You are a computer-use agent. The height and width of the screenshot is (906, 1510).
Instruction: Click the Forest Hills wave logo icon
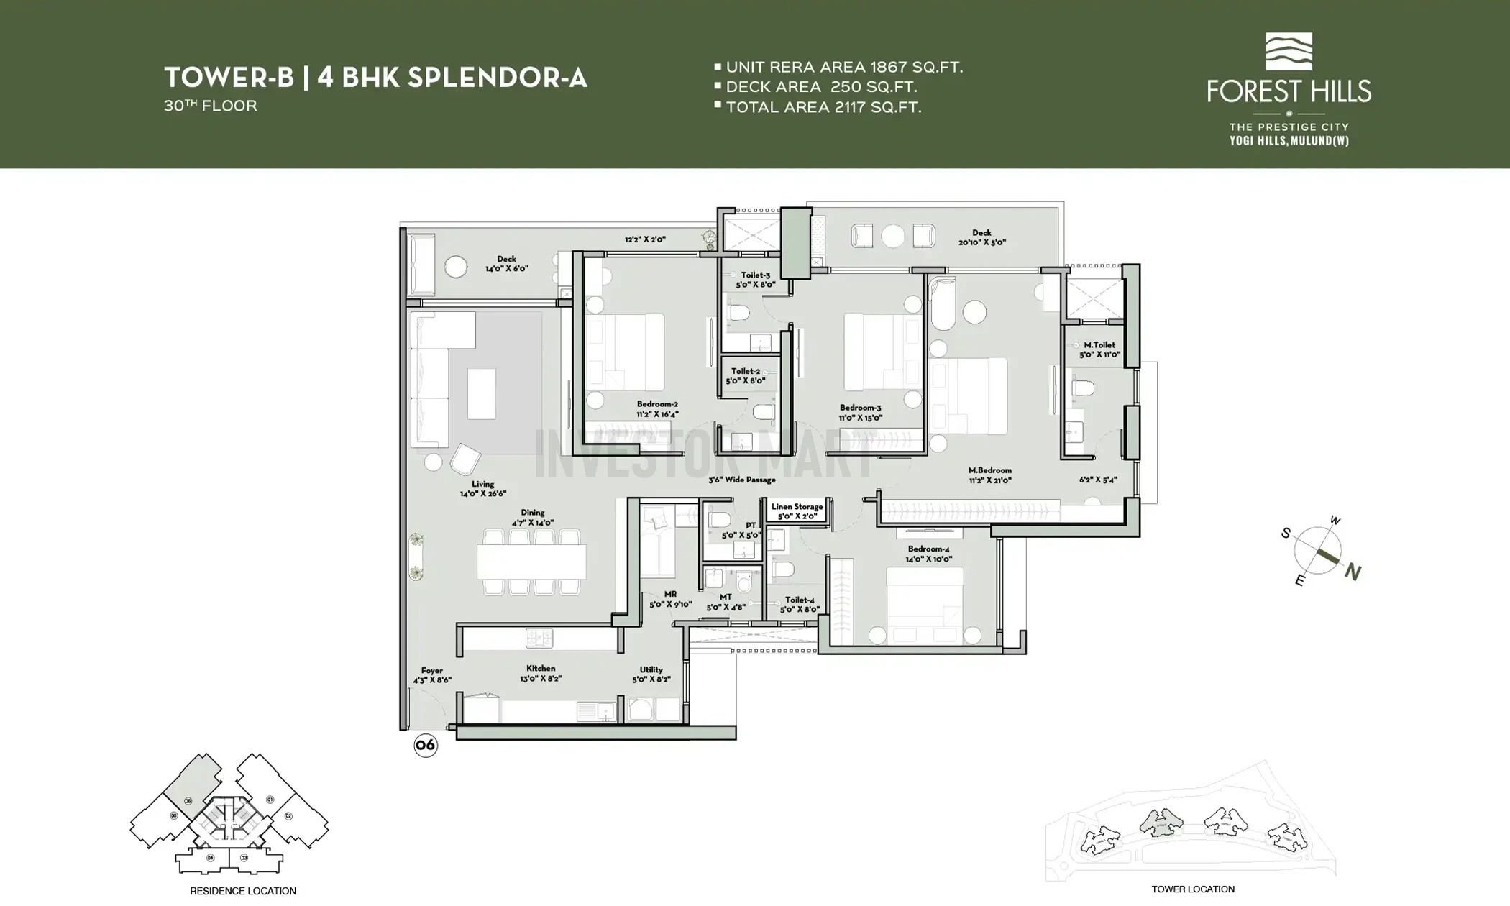coord(1289,51)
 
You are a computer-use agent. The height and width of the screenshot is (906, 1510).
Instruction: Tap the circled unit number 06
coord(426,745)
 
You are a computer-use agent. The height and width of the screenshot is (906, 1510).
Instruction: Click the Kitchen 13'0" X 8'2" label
coord(541,673)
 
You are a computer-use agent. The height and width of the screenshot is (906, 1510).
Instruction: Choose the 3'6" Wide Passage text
coord(742,480)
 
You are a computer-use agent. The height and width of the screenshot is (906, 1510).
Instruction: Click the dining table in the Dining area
coord(531,562)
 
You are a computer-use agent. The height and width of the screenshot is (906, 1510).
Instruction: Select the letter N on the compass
coord(1353,572)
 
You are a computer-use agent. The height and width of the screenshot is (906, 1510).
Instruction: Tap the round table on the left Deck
coord(456,267)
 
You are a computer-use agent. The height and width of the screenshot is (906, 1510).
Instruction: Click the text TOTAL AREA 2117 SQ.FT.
coord(823,107)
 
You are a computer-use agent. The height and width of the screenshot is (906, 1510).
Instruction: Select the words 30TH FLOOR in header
coord(210,106)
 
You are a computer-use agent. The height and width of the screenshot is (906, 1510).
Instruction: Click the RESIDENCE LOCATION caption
coord(243,891)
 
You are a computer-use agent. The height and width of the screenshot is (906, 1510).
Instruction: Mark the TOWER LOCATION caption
coord(1193,889)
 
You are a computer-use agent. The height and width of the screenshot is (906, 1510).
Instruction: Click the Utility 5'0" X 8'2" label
coord(651,674)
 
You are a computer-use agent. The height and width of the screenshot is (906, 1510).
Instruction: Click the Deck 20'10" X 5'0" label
coord(981,237)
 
